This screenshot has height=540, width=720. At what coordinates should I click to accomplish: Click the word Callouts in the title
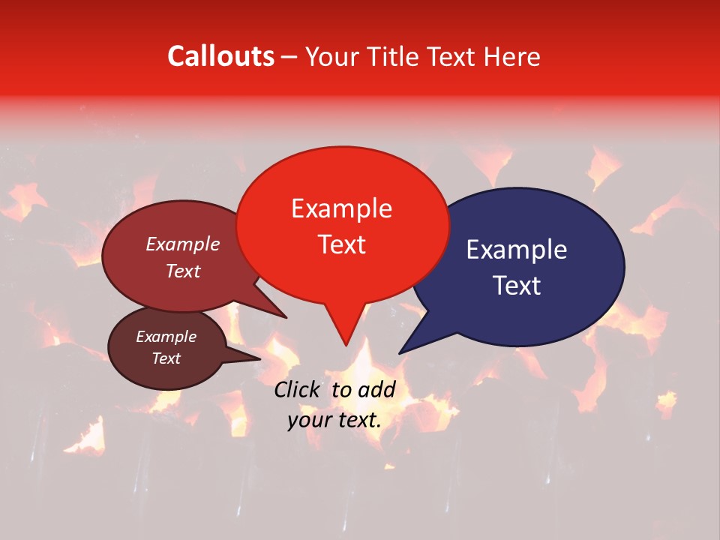coord(220,56)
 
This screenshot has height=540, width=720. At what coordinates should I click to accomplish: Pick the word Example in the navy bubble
coord(517,250)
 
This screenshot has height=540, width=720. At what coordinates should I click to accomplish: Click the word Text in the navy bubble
coord(517,286)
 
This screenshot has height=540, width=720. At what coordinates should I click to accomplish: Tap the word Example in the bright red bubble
coord(341,208)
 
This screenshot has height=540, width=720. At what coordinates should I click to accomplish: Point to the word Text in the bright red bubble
coord(341,244)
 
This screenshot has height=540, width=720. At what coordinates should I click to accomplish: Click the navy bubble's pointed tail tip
coord(400,352)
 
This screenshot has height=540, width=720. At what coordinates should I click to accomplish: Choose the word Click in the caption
coord(298,389)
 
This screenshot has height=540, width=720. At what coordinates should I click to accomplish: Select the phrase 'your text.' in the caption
coord(334,420)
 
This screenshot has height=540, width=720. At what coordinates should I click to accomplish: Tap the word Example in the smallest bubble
coord(166,337)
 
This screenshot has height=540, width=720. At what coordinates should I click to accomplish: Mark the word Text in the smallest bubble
coord(166,358)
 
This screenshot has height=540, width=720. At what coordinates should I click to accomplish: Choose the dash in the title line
coord(290,57)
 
